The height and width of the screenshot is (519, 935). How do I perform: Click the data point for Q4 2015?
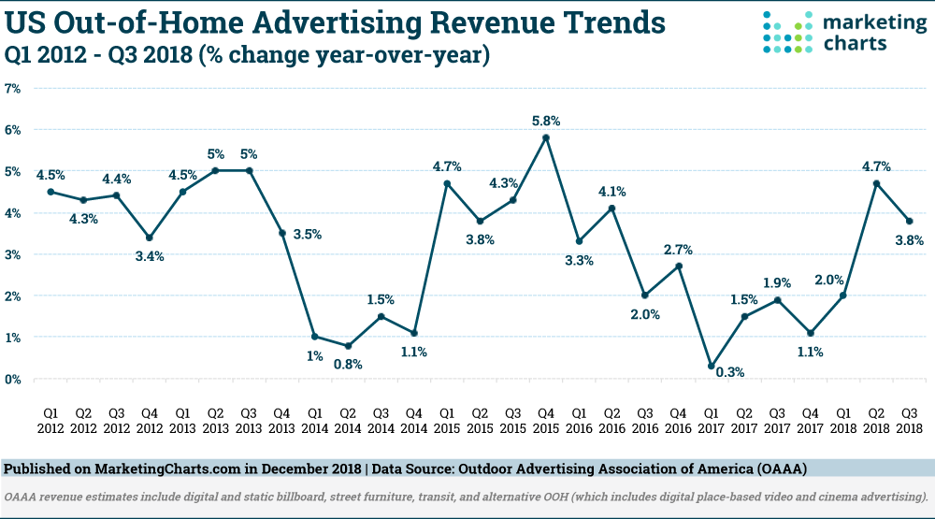tap(546, 137)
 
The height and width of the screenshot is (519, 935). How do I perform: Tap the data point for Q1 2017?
tap(711, 366)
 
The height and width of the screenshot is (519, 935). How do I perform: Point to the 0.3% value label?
tap(731, 373)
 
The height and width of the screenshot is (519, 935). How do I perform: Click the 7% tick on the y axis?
tap(13, 88)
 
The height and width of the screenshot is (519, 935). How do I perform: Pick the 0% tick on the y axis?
tap(13, 379)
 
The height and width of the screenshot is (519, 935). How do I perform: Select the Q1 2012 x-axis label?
tap(50, 421)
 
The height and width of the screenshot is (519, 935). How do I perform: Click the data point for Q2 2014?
tap(349, 346)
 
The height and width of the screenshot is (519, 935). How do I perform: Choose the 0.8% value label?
tap(349, 365)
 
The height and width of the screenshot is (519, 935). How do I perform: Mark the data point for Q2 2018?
tap(876, 183)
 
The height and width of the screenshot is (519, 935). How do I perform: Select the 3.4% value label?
tap(149, 255)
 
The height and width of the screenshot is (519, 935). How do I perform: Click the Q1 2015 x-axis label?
tap(447, 421)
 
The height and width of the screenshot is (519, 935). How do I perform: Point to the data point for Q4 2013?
tap(282, 233)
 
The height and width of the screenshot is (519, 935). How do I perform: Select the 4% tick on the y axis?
tap(13, 212)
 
